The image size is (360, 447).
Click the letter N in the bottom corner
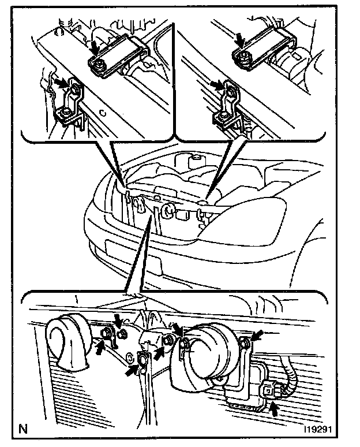click(x=23, y=429)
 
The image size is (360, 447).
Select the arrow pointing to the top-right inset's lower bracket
click(x=217, y=84)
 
